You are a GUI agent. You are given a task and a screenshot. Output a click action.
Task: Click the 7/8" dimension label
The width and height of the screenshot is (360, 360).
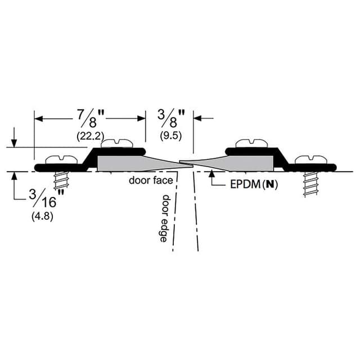pyautogui.click(x=90, y=119)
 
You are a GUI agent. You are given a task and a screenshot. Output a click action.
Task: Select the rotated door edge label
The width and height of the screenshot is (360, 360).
pyautogui.click(x=164, y=218)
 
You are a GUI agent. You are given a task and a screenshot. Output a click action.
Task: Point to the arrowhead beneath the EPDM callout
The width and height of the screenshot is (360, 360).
pyautogui.click(x=212, y=175)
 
